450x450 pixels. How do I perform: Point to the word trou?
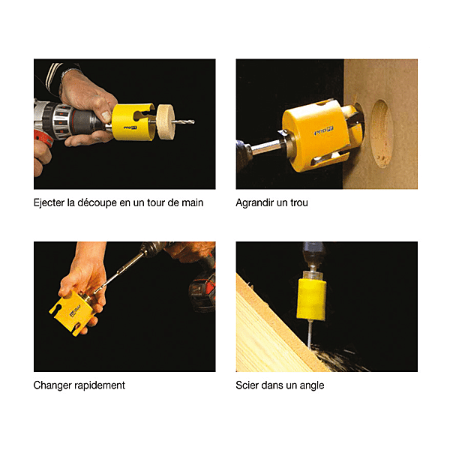(299, 203)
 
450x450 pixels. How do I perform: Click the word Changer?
(52, 385)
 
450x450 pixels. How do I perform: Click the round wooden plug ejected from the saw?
(166, 122)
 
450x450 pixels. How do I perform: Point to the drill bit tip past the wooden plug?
(193, 122)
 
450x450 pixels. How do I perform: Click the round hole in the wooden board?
(382, 133)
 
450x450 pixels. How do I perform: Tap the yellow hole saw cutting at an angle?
(311, 298)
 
